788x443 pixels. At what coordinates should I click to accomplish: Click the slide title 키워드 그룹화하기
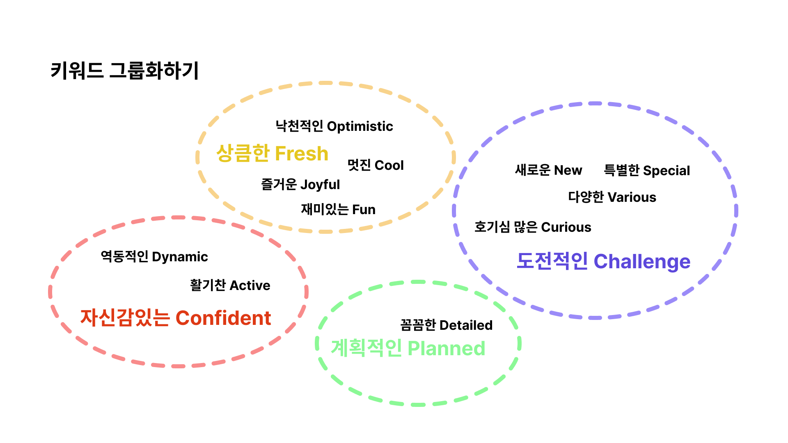pyautogui.click(x=124, y=71)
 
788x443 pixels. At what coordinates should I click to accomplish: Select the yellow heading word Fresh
pyautogui.click(x=301, y=154)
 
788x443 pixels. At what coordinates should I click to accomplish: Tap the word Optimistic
pyautogui.click(x=360, y=126)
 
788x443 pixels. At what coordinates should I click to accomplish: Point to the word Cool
pyautogui.click(x=389, y=165)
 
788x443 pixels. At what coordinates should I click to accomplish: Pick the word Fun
pyautogui.click(x=364, y=210)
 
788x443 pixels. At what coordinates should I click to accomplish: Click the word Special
pyautogui.click(x=667, y=171)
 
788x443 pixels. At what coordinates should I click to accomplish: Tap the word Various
pyautogui.click(x=632, y=197)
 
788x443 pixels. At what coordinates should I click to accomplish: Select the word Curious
pyautogui.click(x=566, y=227)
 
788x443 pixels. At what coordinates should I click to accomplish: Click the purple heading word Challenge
pyautogui.click(x=642, y=262)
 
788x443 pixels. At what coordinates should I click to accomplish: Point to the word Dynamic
pyautogui.click(x=180, y=257)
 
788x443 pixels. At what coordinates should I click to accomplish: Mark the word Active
pyautogui.click(x=250, y=285)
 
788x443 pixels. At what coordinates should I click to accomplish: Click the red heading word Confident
pyautogui.click(x=223, y=318)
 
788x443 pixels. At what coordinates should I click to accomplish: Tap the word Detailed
pyautogui.click(x=466, y=325)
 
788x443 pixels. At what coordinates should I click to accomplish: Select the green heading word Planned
pyautogui.click(x=446, y=349)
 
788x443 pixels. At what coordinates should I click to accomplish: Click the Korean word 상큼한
pyautogui.click(x=243, y=153)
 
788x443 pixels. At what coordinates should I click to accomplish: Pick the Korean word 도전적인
pyautogui.click(x=552, y=261)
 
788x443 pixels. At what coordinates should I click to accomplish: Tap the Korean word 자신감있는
pyautogui.click(x=125, y=318)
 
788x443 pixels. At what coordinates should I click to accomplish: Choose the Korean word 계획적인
pyautogui.click(x=366, y=348)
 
